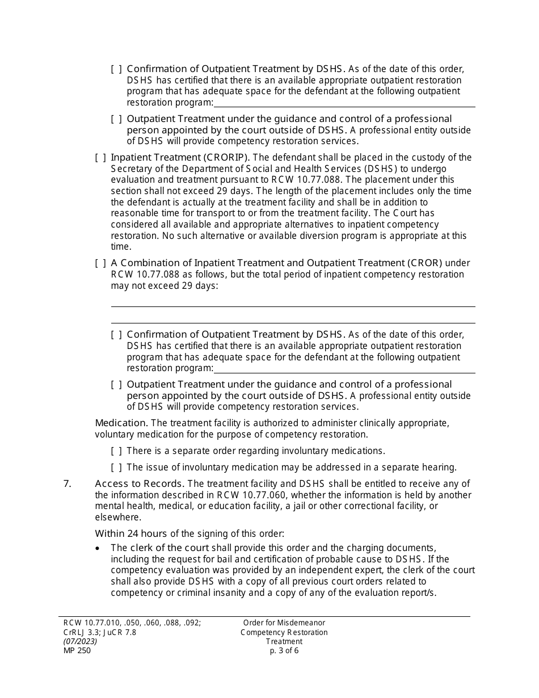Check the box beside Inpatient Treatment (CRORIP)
(x=100, y=157)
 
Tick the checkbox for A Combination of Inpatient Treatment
(x=100, y=263)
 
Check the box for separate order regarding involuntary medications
(x=116, y=451)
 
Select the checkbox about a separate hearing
(x=116, y=468)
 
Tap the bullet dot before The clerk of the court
(x=99, y=548)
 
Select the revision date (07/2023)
(x=80, y=641)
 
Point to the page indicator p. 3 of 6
(x=284, y=650)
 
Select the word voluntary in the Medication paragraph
(x=117, y=434)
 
